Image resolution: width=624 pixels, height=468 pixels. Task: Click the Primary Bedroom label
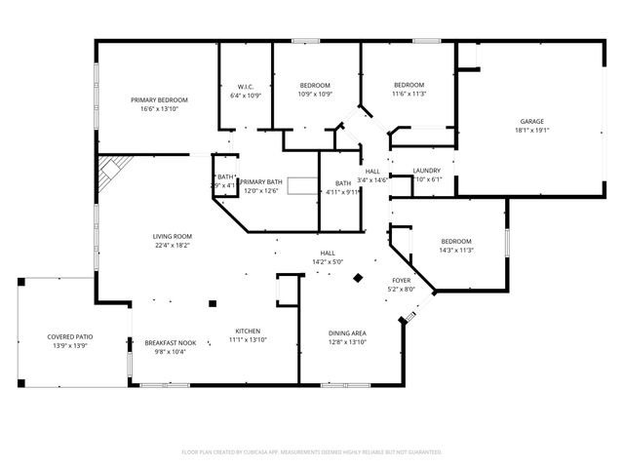pos(160,100)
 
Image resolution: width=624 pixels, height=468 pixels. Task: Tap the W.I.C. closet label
pos(246,86)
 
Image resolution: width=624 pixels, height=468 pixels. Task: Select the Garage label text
pos(530,121)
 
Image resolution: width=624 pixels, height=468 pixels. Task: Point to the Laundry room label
pos(427,171)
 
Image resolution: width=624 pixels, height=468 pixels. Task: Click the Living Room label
pos(172,236)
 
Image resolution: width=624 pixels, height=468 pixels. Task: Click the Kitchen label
pos(248,331)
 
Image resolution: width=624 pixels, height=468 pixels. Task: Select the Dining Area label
pos(346,332)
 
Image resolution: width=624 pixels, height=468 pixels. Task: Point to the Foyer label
pos(402,280)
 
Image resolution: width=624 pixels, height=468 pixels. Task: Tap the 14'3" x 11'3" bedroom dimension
pos(456,251)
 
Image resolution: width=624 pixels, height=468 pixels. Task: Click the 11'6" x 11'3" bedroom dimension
pos(409,95)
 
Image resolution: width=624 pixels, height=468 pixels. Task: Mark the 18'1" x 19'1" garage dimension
pos(530,131)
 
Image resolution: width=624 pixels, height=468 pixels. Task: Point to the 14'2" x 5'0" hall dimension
pos(329,261)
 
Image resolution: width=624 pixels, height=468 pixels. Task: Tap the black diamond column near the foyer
pos(358,278)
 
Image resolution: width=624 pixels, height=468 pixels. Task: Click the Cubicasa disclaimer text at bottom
pos(312,451)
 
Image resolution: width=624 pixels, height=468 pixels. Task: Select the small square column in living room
pos(213,303)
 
